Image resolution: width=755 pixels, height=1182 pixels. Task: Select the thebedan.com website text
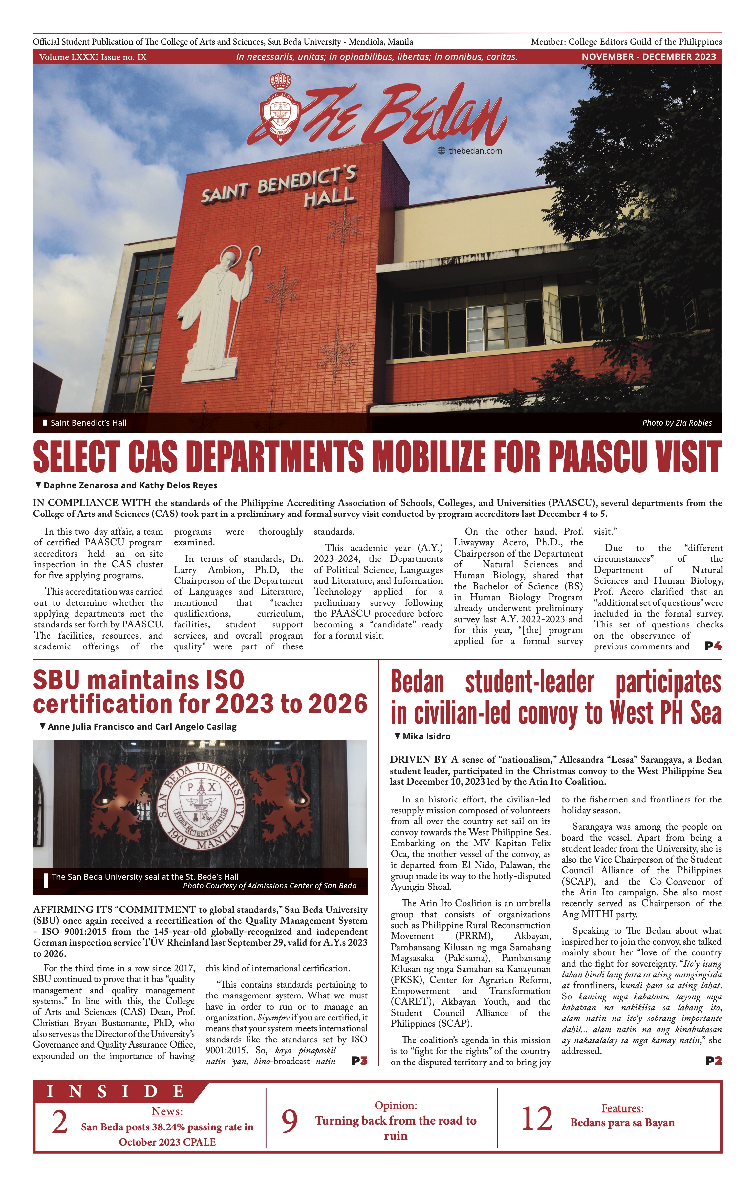click(475, 151)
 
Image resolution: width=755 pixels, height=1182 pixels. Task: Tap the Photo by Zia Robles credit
click(677, 423)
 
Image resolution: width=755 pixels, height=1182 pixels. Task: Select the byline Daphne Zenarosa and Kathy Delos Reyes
click(130, 486)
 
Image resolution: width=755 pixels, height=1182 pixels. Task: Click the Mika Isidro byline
click(426, 736)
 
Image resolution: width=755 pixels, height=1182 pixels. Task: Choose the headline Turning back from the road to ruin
click(396, 1128)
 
